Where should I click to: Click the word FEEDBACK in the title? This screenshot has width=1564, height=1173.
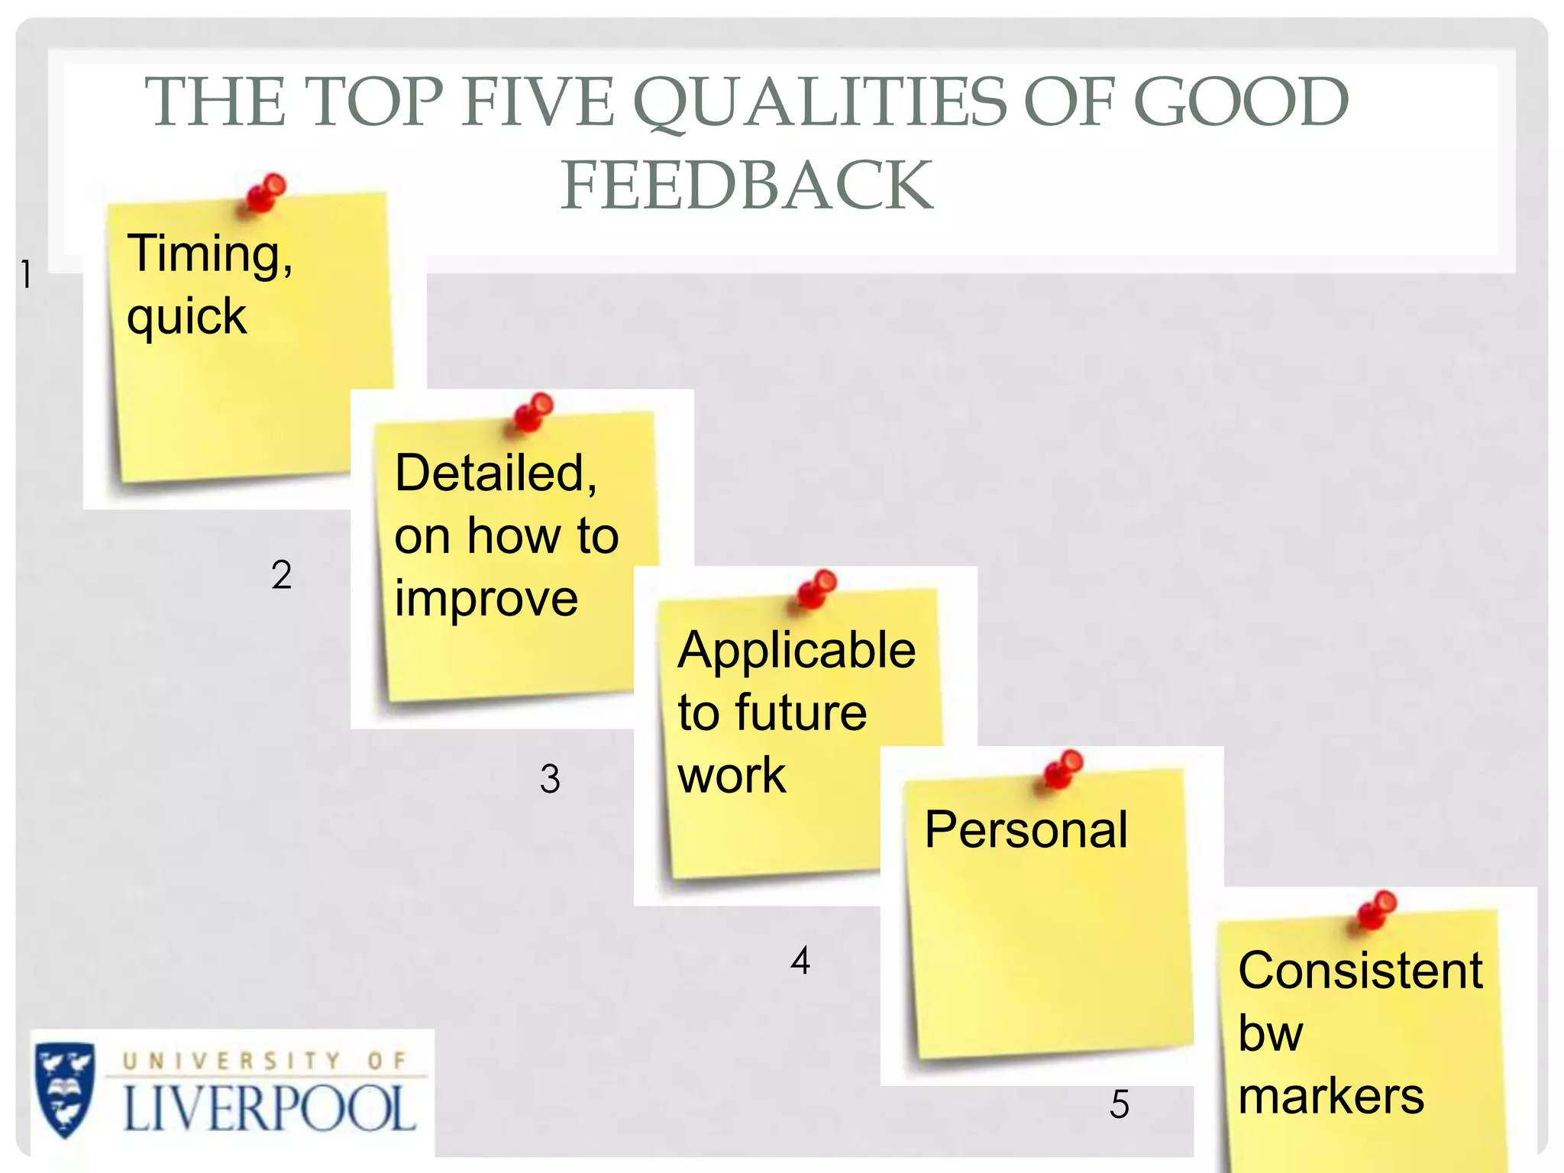[746, 185]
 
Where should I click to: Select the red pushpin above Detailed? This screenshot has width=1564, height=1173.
[533, 412]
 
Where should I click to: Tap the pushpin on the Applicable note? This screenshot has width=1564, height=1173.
[816, 589]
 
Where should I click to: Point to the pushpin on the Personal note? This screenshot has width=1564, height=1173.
[1063, 769]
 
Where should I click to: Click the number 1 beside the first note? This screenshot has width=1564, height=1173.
[27, 274]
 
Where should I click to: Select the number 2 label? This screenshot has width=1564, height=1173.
[281, 574]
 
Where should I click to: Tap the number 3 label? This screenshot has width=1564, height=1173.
[550, 779]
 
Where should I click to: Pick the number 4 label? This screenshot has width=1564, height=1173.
[800, 960]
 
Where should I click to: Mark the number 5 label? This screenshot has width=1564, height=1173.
[1120, 1104]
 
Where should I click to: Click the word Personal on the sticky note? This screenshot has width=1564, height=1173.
[1026, 829]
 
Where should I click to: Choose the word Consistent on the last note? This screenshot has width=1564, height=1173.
[1360, 971]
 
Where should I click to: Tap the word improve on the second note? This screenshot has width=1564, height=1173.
[486, 598]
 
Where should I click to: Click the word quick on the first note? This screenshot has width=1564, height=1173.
[187, 317]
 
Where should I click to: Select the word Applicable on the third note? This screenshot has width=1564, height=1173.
[797, 650]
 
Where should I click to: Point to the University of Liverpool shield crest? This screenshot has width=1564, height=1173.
[66, 1088]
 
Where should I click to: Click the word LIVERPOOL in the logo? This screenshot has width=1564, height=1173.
[270, 1108]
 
